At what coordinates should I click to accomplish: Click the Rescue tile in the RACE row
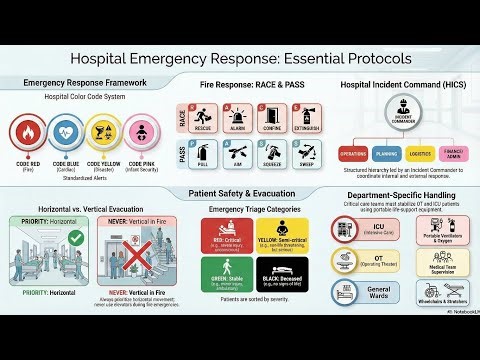pyautogui.click(x=203, y=118)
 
